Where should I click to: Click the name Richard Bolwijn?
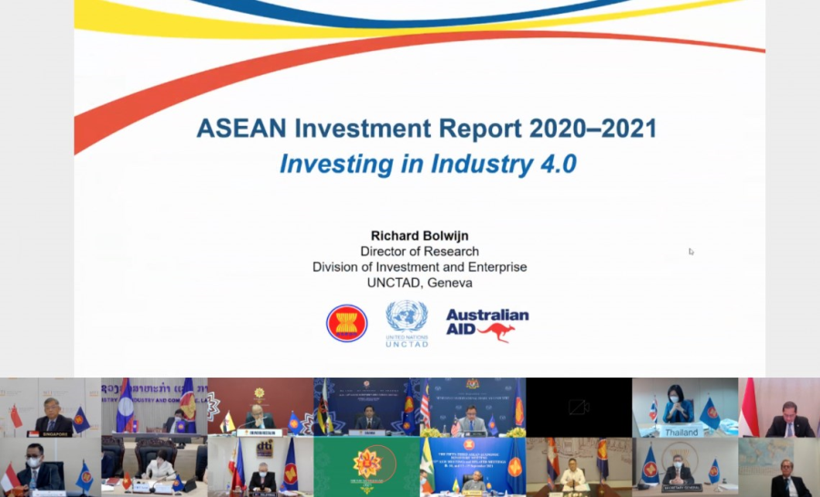[419, 235]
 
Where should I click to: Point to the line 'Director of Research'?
[419, 251]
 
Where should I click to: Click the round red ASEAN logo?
[347, 323]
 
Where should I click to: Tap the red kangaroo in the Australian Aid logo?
[497, 331]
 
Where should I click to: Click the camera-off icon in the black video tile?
[579, 408]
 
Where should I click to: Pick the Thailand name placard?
[681, 431]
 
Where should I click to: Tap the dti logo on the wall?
[265, 448]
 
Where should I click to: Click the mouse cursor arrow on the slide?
[691, 252]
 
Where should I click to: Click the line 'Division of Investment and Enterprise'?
[419, 267]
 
